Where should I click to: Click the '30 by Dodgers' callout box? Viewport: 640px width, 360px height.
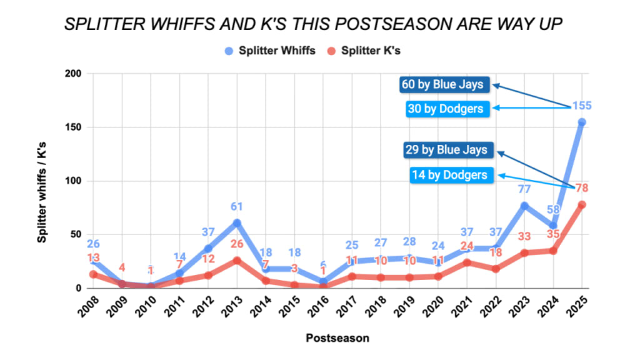(445, 108)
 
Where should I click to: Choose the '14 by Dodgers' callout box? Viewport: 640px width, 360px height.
(449, 174)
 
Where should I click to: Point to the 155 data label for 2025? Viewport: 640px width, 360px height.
(581, 106)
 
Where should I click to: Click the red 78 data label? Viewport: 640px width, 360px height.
(581, 188)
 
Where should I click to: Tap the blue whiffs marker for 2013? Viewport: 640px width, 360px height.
(237, 222)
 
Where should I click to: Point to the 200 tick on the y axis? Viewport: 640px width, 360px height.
(74, 74)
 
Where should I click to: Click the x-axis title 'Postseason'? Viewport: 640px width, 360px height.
(337, 338)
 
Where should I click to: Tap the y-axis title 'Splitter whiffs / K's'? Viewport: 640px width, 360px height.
(42, 181)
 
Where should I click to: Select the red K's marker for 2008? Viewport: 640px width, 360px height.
(93, 274)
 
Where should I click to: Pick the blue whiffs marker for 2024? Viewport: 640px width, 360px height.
(552, 226)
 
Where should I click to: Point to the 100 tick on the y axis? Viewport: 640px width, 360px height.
(74, 181)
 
